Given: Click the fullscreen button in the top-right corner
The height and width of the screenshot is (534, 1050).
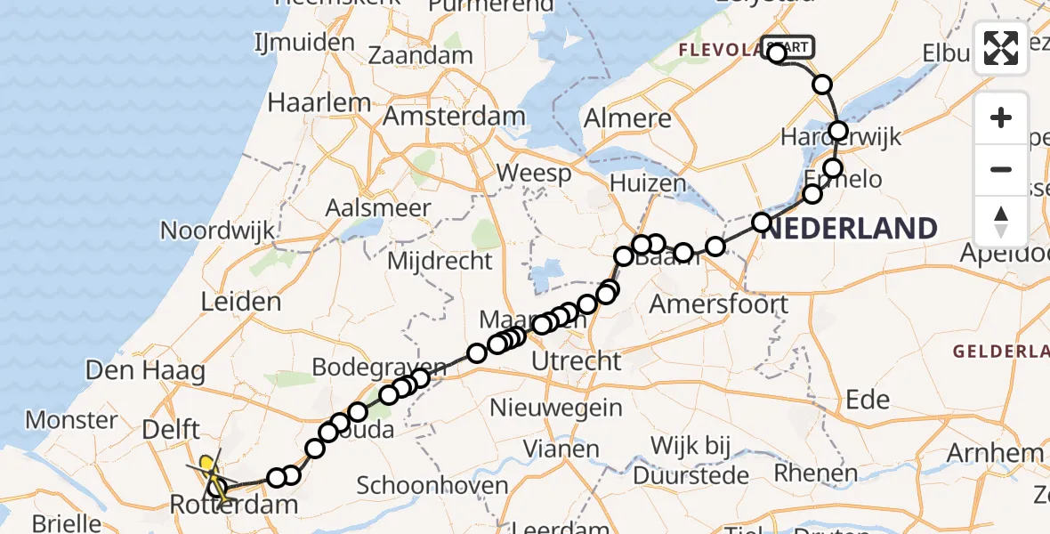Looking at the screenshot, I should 1001,48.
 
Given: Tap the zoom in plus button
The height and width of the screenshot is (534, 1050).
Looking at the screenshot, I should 1001,117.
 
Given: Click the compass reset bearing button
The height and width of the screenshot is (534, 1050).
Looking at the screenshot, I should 1001,221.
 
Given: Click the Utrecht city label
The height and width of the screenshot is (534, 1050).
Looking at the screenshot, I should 575,360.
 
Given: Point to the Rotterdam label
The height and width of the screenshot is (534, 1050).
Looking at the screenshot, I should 234,506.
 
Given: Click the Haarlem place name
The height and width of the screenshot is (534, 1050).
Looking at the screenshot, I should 319,102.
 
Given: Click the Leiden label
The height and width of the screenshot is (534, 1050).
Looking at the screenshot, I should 241,302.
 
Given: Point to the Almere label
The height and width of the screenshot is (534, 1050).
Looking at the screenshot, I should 627,118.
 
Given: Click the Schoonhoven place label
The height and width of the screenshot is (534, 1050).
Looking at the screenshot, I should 432,486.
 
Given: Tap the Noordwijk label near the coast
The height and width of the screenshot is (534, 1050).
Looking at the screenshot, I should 218,231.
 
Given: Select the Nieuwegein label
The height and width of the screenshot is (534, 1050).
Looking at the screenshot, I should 560,408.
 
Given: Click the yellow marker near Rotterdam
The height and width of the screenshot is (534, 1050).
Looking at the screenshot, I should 206,464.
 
